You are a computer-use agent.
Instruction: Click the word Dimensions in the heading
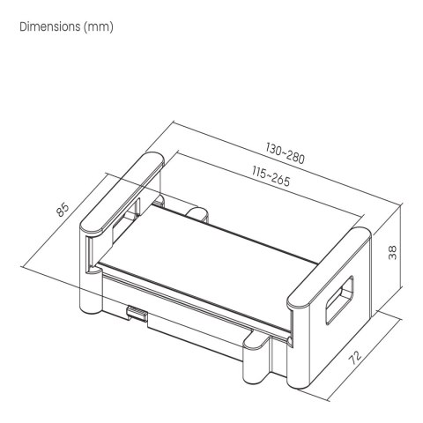48,26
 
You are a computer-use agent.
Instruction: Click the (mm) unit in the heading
98,26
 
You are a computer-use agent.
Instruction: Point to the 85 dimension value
63,210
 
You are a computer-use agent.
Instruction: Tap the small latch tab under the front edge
137,312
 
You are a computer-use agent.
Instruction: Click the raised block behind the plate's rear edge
196,211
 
